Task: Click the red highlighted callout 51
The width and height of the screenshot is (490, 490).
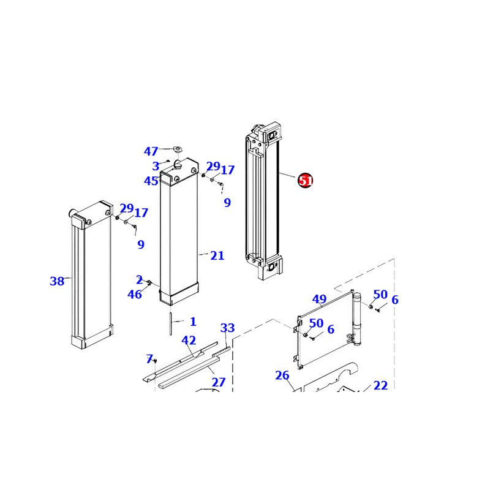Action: (x=305, y=181)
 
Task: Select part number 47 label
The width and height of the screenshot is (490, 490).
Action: (x=151, y=151)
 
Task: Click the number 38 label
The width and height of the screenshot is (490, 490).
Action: (x=57, y=282)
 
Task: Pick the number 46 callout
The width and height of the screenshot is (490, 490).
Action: (x=135, y=295)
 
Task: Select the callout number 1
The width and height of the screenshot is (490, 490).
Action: (x=193, y=321)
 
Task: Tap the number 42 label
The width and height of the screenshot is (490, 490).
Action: (x=189, y=341)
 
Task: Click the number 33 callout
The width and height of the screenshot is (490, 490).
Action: (x=227, y=328)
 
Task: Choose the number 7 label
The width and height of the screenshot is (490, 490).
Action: (x=149, y=358)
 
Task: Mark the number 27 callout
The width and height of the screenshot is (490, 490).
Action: (x=219, y=382)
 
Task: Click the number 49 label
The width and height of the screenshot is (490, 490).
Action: (x=319, y=300)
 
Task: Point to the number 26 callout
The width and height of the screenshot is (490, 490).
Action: (x=282, y=375)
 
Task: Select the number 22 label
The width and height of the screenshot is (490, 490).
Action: (x=380, y=385)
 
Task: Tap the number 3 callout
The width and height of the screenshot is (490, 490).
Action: (x=156, y=166)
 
